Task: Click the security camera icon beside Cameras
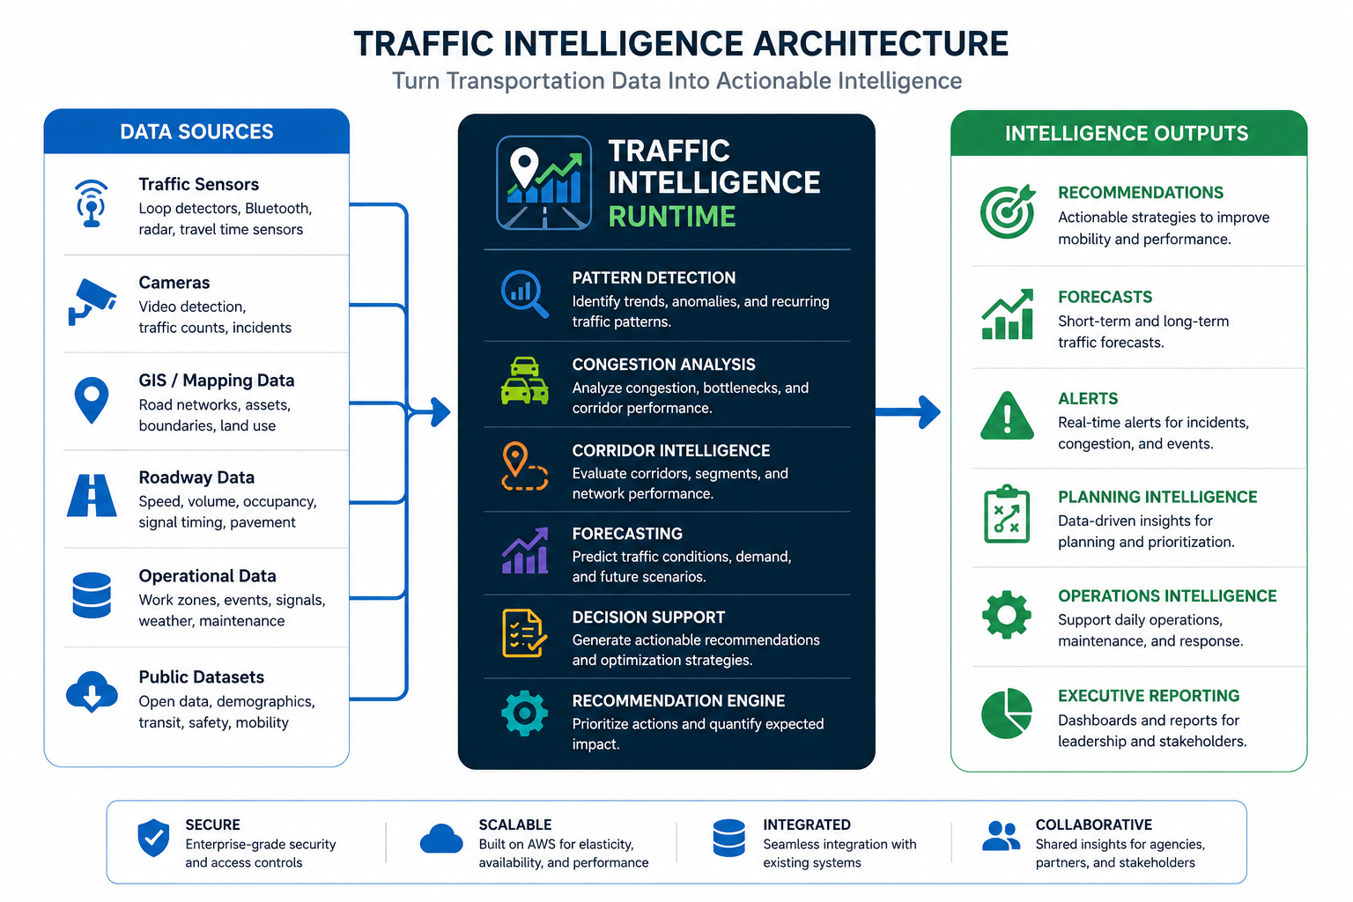[x=92, y=302]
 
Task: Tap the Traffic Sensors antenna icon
[x=92, y=203]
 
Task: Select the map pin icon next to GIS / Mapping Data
[x=92, y=400]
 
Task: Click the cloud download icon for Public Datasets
[x=92, y=691]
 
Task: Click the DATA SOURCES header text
[x=197, y=132]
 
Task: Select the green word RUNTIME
[x=672, y=217]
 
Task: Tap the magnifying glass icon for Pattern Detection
[x=524, y=294]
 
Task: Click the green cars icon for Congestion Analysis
[x=524, y=381]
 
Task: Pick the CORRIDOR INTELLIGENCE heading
[x=671, y=451]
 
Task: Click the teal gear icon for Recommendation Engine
[x=524, y=713]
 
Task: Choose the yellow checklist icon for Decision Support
[x=524, y=633]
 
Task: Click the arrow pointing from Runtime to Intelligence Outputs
[x=908, y=412]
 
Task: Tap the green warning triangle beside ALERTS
[x=1007, y=416]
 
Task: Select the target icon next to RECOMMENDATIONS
[x=1008, y=211]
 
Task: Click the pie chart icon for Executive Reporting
[x=1007, y=713]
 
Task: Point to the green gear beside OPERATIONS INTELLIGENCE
[x=1007, y=615]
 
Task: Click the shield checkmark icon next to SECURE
[x=153, y=838]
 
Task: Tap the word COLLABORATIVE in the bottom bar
[x=1094, y=824]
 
